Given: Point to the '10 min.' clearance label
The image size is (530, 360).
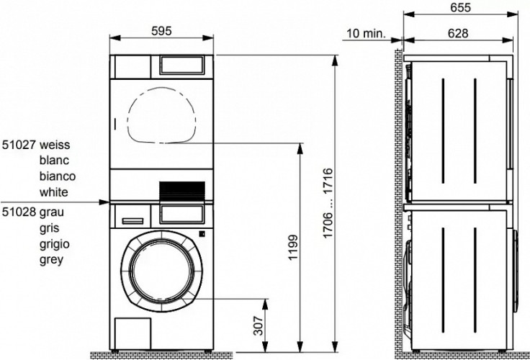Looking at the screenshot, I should tap(365, 33).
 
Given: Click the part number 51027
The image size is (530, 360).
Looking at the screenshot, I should tap(19, 145).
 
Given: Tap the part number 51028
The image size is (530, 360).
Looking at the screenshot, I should tap(19, 212).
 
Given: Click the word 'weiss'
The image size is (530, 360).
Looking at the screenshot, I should tap(55, 145).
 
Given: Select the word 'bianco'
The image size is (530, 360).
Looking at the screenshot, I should tap(58, 176).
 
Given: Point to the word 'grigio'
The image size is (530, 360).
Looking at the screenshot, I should tap(56, 244).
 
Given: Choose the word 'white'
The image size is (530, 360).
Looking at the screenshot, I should tap(55, 192).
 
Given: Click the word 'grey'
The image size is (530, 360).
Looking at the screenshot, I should tap(53, 260).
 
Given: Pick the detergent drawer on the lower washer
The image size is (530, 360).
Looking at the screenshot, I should tap(131, 214).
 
